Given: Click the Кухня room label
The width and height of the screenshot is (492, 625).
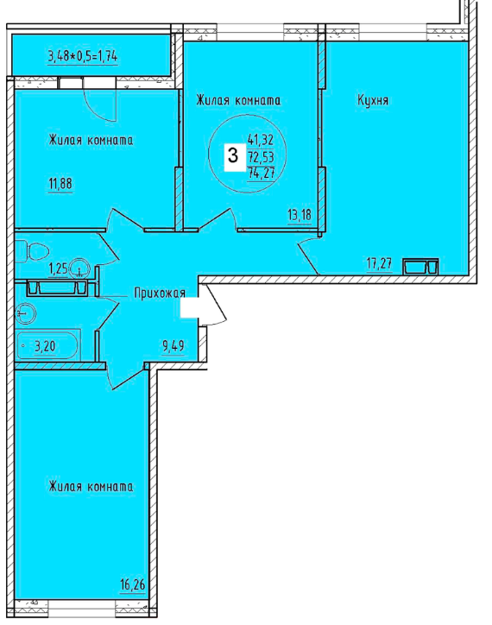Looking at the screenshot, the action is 373,100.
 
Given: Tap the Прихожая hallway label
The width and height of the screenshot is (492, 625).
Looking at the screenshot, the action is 160,294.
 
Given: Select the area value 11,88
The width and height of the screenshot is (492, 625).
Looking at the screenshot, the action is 60,184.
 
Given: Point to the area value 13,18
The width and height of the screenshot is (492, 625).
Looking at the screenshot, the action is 300,215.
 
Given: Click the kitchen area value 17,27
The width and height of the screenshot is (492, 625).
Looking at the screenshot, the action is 379,263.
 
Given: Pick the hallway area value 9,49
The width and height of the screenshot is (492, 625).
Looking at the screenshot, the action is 173,345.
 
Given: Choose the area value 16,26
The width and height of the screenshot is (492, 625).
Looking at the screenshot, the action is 132,584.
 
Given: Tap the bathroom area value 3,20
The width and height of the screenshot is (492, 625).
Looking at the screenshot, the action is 45,346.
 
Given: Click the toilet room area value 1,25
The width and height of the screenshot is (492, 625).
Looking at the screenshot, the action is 58,269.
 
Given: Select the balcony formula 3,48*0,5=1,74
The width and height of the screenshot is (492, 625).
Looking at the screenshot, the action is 83,56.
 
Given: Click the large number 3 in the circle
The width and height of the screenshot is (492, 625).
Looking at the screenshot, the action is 233,155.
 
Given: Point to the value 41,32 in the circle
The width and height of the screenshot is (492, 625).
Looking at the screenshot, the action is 261,140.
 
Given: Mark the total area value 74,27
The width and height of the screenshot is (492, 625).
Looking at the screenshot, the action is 262,174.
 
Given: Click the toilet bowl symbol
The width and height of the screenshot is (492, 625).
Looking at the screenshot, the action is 32,251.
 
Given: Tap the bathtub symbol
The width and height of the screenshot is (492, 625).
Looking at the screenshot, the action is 47,345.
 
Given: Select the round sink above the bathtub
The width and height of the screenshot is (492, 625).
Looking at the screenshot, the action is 25,313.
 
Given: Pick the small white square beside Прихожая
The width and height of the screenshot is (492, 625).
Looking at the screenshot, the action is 189,307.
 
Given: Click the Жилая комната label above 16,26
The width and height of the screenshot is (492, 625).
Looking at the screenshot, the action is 91,486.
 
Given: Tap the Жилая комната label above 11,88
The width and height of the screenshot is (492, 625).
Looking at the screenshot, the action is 91,140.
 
